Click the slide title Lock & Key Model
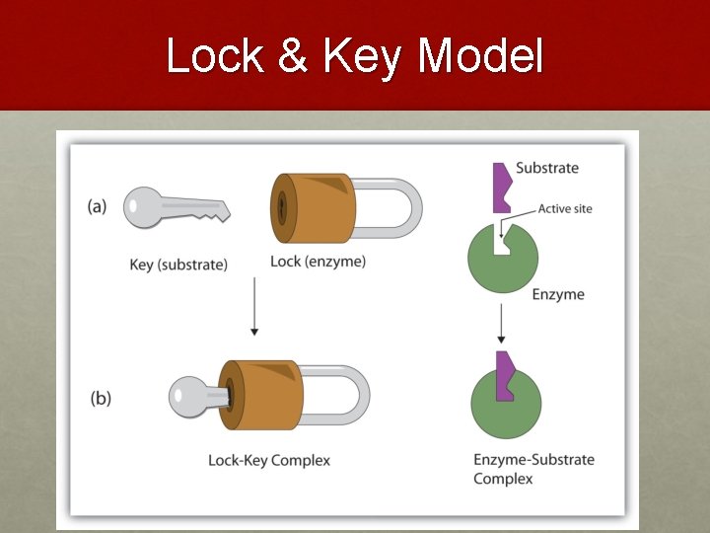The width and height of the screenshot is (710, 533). click(x=354, y=56)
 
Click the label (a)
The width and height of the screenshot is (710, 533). click(x=97, y=206)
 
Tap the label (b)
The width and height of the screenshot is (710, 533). click(x=101, y=399)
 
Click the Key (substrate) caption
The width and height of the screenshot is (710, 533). click(x=178, y=265)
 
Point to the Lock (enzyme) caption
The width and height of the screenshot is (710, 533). click(x=318, y=262)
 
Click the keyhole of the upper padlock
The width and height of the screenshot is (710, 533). click(x=282, y=208)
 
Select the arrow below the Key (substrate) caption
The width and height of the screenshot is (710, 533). click(x=254, y=307)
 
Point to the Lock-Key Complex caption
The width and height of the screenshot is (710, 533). click(x=269, y=460)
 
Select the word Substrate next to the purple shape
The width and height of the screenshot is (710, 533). click(x=547, y=168)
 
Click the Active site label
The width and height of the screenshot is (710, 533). click(x=565, y=209)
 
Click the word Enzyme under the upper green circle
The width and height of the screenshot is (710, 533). click(x=558, y=294)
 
